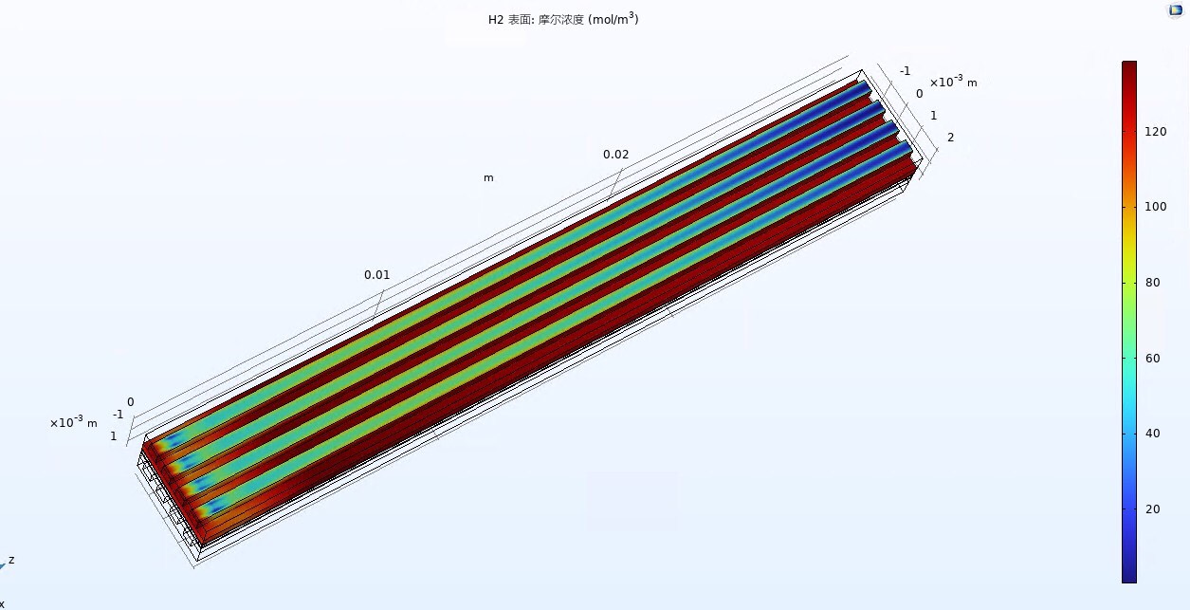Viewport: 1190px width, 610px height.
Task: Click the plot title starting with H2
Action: tap(563, 19)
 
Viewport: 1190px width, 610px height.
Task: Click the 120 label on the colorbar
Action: tap(1156, 132)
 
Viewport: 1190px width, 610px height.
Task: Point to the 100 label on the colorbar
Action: tap(1156, 207)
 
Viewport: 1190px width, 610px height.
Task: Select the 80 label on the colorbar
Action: tap(1152, 283)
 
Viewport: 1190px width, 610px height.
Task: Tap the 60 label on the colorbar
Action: tap(1152, 359)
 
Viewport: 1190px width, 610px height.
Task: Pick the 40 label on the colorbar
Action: tap(1152, 434)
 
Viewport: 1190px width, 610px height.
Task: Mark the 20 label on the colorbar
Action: tap(1152, 509)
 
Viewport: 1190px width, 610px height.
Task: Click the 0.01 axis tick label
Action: tap(376, 275)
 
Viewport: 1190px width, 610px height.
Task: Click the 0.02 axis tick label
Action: tap(615, 155)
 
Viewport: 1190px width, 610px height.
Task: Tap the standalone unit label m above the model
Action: tap(488, 178)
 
